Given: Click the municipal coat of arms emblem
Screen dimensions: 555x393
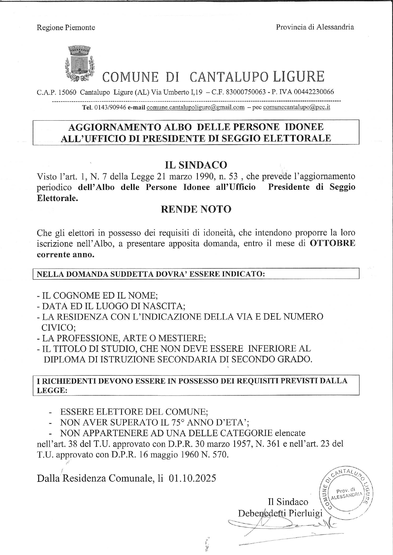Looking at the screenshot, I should [x=80, y=63].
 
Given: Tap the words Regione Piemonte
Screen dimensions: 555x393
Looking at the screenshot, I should [x=66, y=28].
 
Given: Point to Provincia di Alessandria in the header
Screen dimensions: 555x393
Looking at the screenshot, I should [x=315, y=27].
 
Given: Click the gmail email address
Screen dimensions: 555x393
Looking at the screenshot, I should [x=196, y=107].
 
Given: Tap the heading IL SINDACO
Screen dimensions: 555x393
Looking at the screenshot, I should [x=196, y=165].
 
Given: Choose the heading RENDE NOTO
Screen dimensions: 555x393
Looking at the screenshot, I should [x=196, y=209].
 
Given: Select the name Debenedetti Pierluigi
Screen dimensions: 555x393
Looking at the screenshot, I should [x=280, y=513].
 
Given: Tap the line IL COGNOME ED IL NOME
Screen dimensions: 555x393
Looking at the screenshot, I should [x=97, y=295].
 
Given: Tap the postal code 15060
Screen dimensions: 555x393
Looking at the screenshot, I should [x=68, y=92].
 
